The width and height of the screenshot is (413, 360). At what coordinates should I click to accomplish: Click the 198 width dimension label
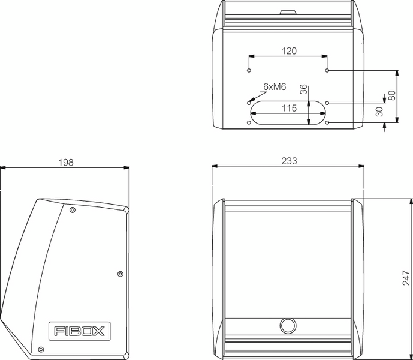click(67, 162)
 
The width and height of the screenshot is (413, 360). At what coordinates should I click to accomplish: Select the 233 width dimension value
click(289, 161)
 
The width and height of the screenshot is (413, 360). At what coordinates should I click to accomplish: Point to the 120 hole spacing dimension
click(289, 51)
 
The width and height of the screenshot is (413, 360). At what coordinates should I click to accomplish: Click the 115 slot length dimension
click(289, 109)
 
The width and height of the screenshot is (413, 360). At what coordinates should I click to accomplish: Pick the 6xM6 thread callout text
click(275, 87)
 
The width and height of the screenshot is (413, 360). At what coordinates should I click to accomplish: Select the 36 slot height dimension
click(303, 89)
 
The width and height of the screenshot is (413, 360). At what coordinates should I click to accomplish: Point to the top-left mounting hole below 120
click(249, 71)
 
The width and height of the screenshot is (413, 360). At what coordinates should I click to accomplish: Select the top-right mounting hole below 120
click(328, 71)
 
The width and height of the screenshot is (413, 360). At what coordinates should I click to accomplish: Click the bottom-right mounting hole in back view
click(328, 123)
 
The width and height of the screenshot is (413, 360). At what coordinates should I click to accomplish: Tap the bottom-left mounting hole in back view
click(249, 123)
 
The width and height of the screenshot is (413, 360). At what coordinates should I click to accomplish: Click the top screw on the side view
click(73, 209)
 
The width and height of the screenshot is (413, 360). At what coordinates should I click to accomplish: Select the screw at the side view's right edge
click(120, 274)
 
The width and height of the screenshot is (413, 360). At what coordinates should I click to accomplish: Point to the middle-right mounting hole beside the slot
click(328, 103)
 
